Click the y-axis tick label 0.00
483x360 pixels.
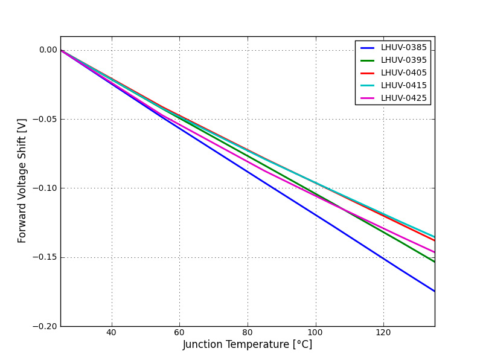48,50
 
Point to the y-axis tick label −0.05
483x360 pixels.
45,119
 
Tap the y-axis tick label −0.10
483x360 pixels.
45,188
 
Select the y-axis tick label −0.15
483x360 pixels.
45,257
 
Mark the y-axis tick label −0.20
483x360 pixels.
45,326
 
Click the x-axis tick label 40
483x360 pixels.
111,332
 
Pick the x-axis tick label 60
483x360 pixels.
179,332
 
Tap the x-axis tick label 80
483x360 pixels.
247,332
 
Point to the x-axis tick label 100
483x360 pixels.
315,332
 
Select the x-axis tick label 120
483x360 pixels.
383,332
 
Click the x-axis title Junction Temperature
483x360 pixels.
248,345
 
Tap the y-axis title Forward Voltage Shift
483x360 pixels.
22,181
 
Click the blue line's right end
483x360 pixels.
434,291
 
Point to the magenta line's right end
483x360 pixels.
434,252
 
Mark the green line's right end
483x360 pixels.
434,262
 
